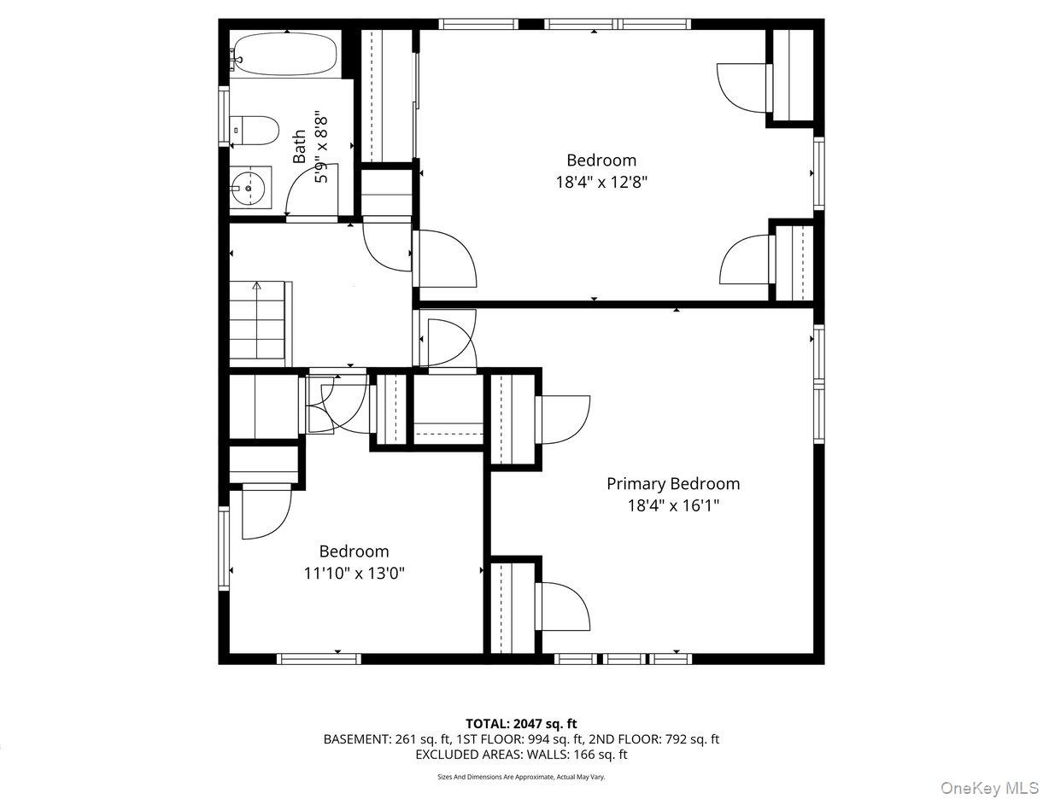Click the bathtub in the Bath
(x=285, y=54)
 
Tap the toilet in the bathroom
(x=254, y=131)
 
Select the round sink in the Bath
(x=249, y=188)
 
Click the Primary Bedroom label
(x=673, y=484)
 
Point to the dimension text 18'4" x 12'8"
(x=601, y=182)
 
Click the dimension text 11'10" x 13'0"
(x=355, y=573)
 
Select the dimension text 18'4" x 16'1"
(x=673, y=506)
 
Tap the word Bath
(x=299, y=146)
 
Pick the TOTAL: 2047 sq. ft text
(x=521, y=724)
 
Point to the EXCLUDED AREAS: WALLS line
(x=521, y=755)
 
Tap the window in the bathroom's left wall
(x=224, y=117)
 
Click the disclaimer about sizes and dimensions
(x=521, y=777)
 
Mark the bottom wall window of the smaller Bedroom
(x=319, y=659)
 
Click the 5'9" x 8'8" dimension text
(x=321, y=149)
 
